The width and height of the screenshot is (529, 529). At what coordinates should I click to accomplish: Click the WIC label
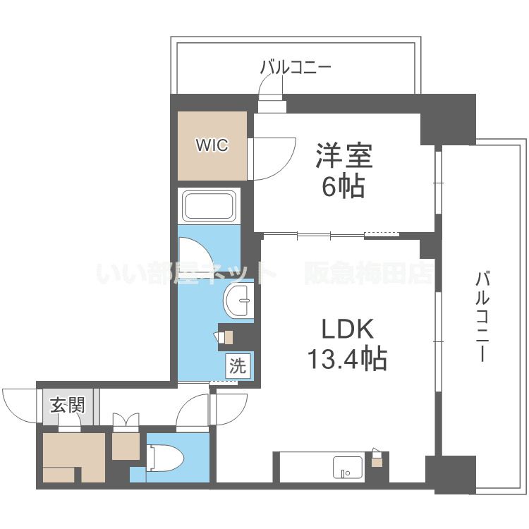point(212,146)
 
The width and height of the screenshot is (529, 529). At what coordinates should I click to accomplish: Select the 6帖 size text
point(343,186)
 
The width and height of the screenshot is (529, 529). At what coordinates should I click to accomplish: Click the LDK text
point(346,329)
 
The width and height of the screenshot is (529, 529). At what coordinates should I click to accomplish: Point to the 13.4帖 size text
point(346,359)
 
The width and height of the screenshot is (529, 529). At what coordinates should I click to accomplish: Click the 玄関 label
point(68,406)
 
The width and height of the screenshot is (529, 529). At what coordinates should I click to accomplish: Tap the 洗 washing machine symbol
point(238,366)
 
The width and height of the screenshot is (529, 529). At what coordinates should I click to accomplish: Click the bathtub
point(209,206)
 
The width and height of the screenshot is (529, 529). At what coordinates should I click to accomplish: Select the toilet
point(166,458)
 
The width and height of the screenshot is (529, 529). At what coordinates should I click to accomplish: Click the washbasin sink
point(238,301)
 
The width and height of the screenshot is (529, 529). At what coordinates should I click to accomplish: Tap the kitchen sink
point(347,466)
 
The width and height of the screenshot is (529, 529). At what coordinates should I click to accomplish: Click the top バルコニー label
point(296,68)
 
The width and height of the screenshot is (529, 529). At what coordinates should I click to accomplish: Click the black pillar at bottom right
point(450,474)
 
